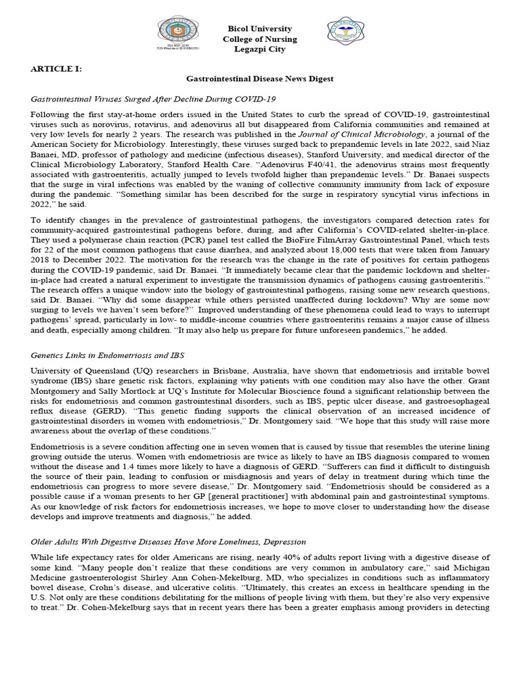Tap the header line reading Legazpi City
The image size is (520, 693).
tap(259, 49)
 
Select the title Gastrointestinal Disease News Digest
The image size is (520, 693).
tap(260, 79)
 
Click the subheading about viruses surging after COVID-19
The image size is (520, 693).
tap(154, 98)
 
